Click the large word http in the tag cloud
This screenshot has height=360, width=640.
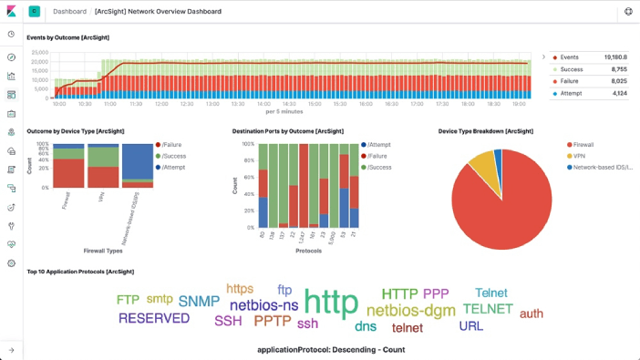point(331,303)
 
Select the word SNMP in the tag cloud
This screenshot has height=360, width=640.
point(199,302)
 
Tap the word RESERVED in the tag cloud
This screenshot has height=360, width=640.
point(154,318)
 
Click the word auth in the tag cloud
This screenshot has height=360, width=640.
point(531,314)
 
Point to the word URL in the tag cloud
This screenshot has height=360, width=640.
point(471,325)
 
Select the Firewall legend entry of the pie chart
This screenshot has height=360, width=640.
point(583,144)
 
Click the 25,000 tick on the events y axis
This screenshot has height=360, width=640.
point(40,52)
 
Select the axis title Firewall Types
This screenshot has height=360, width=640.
point(103,251)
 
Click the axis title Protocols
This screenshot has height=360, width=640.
point(308,251)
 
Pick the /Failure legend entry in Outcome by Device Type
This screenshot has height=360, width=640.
point(172,144)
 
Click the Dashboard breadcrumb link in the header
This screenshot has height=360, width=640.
point(69,12)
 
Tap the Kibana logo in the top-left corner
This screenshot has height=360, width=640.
point(11,11)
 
